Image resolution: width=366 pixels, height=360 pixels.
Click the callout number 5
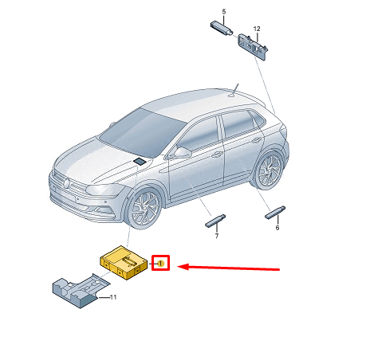click(224, 12)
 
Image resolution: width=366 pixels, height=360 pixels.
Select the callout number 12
click(257, 29)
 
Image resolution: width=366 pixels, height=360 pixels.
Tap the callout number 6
click(277, 228)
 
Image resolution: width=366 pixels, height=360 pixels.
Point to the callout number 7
click(217, 236)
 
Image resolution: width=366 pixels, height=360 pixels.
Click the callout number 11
click(113, 297)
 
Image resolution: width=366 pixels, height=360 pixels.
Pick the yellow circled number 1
click(160, 264)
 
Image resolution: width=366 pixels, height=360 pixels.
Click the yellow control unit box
click(124, 262)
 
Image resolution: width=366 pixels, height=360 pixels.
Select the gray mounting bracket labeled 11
click(81, 291)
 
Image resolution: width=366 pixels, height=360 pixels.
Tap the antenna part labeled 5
click(222, 28)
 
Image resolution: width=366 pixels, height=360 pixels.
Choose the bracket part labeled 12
click(253, 47)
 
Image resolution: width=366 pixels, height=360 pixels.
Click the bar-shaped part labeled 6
click(275, 213)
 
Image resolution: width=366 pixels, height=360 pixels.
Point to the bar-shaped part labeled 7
click(215, 221)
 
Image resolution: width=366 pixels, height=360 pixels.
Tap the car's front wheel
click(144, 209)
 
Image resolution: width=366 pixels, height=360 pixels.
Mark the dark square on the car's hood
click(139, 161)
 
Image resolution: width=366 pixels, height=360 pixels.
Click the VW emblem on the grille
click(67, 183)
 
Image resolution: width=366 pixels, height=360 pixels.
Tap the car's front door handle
click(217, 155)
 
